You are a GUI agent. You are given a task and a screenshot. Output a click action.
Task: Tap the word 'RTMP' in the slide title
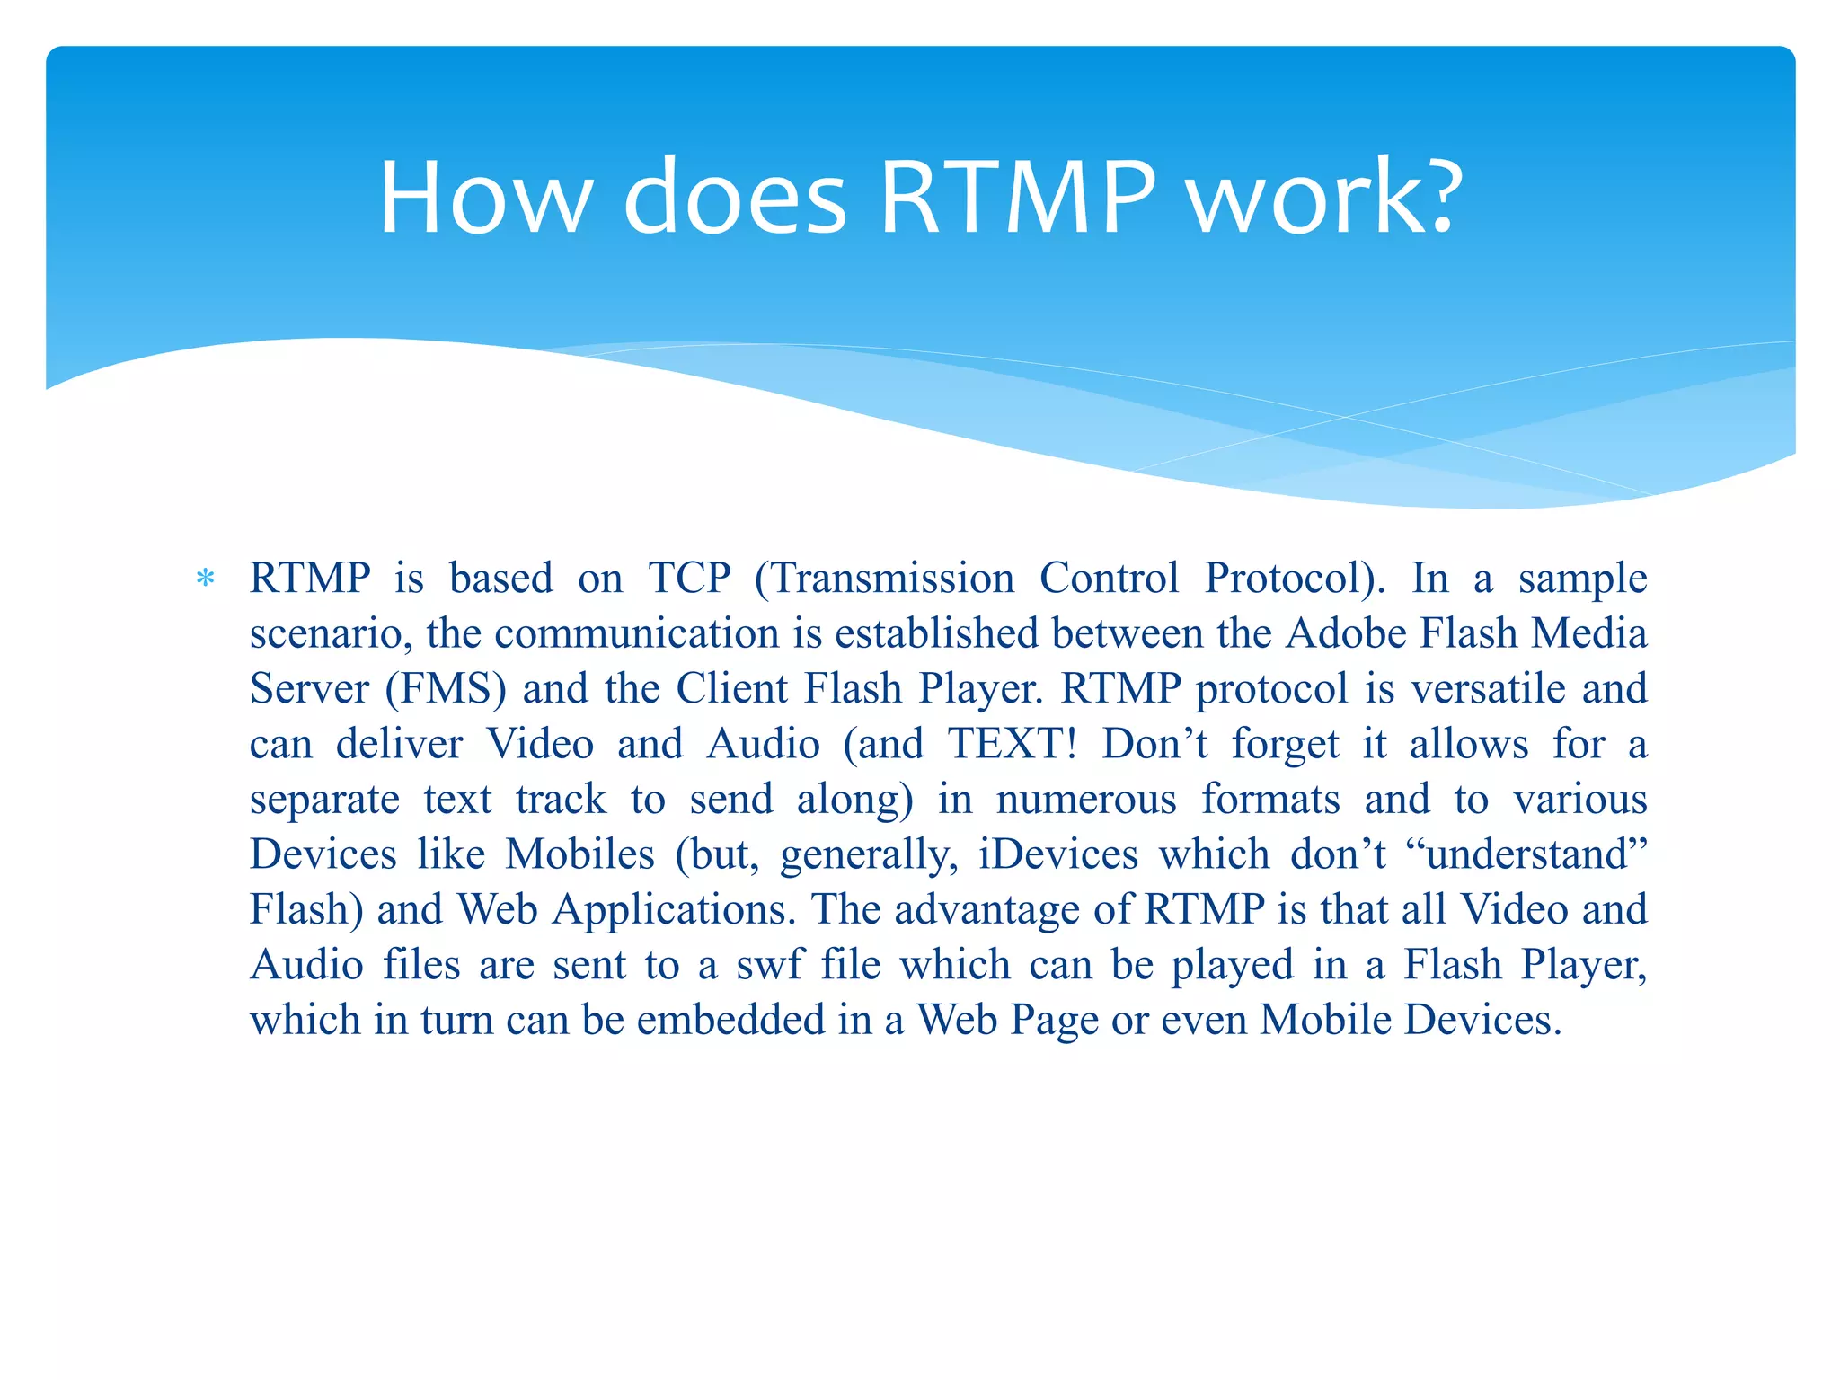pyautogui.click(x=1017, y=198)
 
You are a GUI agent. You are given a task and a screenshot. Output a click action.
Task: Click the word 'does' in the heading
pyautogui.click(x=735, y=198)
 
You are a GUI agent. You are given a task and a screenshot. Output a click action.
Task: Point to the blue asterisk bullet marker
pyautogui.click(x=206, y=579)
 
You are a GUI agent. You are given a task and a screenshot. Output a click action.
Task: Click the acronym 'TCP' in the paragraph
pyautogui.click(x=689, y=578)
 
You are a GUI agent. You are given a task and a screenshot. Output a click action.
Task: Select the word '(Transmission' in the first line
pyautogui.click(x=884, y=578)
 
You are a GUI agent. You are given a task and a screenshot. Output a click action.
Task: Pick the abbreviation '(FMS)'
pyautogui.click(x=446, y=689)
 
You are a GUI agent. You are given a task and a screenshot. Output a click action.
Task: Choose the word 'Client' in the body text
pyautogui.click(x=731, y=689)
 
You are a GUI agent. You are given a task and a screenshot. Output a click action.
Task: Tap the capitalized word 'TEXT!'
pyautogui.click(x=1013, y=744)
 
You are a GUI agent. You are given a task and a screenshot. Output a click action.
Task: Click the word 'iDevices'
pyautogui.click(x=1058, y=854)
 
